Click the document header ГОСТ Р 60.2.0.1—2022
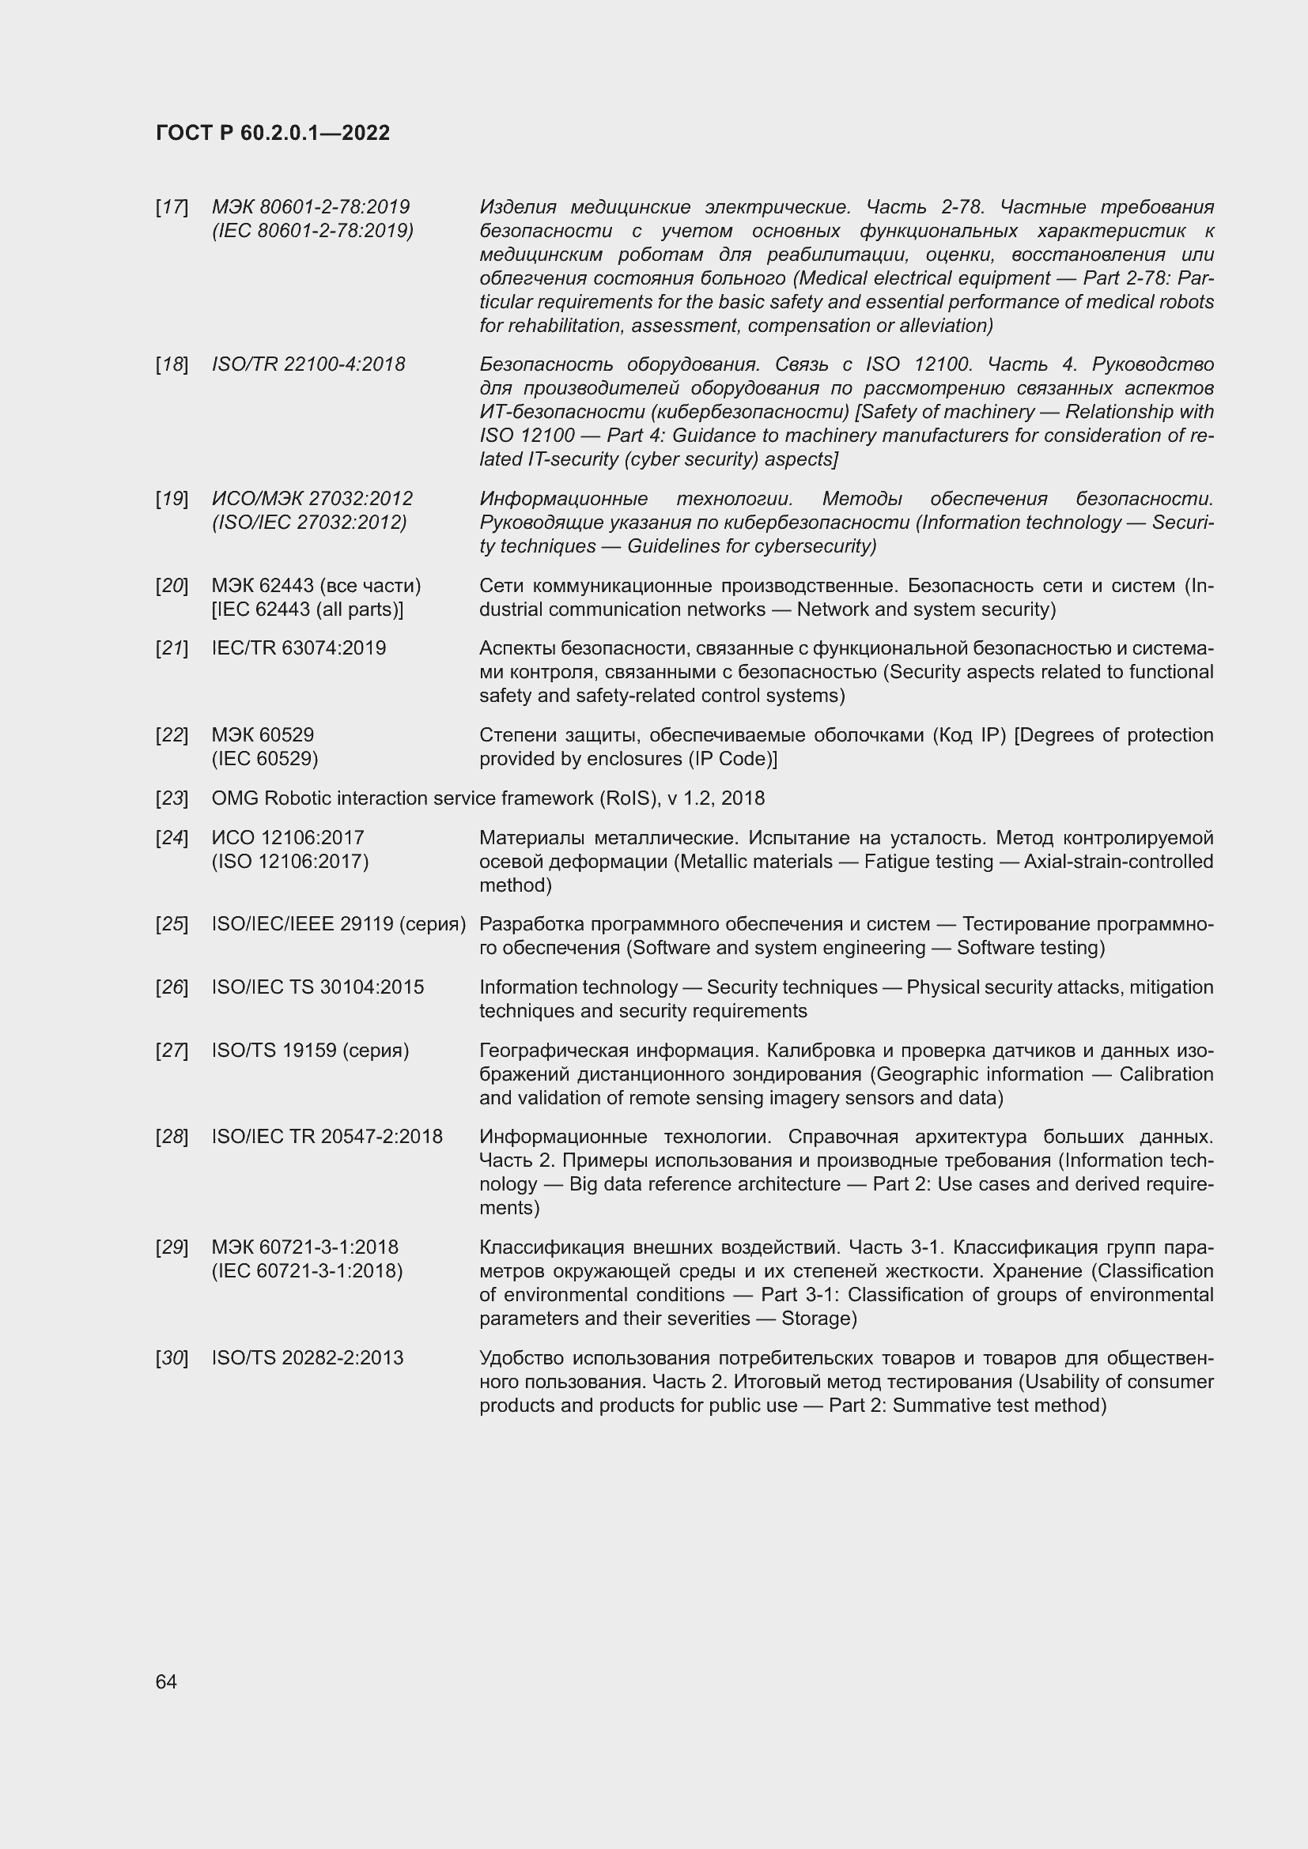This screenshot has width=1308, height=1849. pos(272,133)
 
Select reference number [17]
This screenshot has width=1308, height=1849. pos(172,207)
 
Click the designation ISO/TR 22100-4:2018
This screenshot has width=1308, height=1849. pos(308,364)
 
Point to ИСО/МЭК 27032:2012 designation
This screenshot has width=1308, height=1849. pos(312,499)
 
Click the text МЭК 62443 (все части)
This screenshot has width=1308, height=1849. pos(316,586)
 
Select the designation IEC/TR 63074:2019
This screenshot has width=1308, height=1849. pos(298,647)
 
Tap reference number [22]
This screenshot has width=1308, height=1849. pos(172,734)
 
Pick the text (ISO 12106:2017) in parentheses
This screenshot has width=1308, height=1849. pos(289,861)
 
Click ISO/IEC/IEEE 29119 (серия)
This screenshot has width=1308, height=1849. pos(338,923)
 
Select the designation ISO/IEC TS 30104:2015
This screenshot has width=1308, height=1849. pos(317,987)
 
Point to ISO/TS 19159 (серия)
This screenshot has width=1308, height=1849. pos(310,1050)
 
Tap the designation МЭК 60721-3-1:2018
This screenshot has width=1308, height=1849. pos(304,1247)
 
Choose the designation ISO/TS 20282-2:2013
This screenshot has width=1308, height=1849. pos(307,1358)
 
